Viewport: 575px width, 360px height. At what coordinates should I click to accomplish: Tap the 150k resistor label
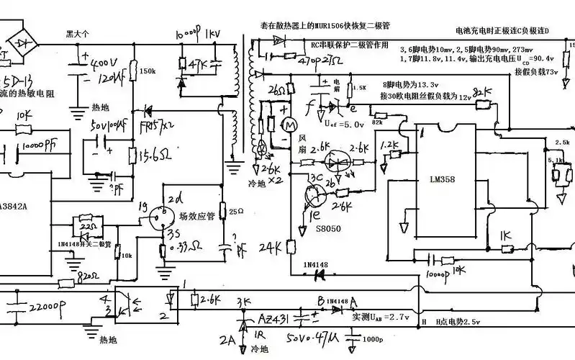click(x=148, y=71)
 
